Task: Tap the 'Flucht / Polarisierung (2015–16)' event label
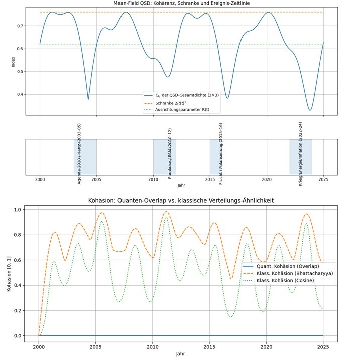[x=221, y=152]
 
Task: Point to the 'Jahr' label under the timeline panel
[x=181, y=185]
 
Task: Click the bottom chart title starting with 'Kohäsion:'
[x=181, y=201]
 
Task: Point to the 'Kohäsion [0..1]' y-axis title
[x=6, y=272]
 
